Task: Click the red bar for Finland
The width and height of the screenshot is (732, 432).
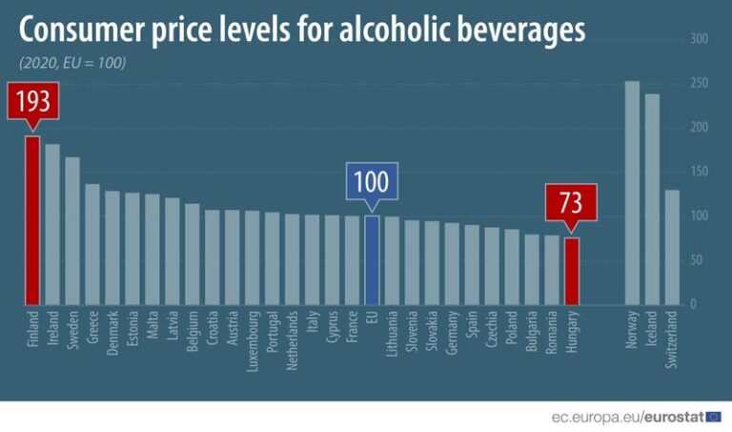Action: coord(32,220)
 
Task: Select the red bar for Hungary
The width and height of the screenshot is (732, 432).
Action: coord(572,271)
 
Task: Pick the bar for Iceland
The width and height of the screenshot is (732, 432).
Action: coord(652,199)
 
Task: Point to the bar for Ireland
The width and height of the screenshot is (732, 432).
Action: coord(52,224)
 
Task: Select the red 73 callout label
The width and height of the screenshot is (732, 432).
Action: coord(571,203)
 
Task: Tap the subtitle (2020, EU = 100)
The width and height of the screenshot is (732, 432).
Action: coord(71,63)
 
